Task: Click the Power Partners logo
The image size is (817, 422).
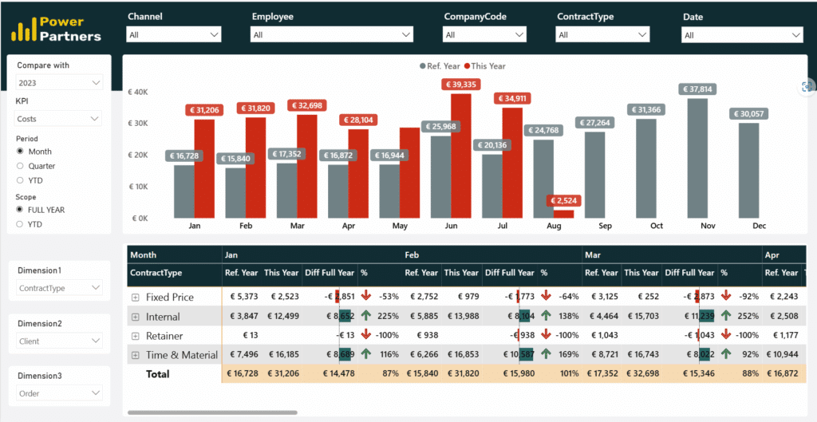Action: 56,29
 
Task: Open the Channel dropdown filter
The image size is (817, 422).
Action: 174,35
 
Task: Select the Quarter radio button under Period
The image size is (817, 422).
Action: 21,166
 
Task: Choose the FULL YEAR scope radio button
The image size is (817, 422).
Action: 21,210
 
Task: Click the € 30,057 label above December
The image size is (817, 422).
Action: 748,114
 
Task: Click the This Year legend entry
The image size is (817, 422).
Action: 487,66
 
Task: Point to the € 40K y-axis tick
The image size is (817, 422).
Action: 138,93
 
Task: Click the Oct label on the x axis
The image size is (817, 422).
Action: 657,227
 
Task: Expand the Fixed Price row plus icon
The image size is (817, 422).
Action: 136,298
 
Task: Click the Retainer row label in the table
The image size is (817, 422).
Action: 164,336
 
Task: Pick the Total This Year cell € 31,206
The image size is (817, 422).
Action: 282,373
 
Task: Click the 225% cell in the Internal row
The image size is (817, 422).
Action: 388,317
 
